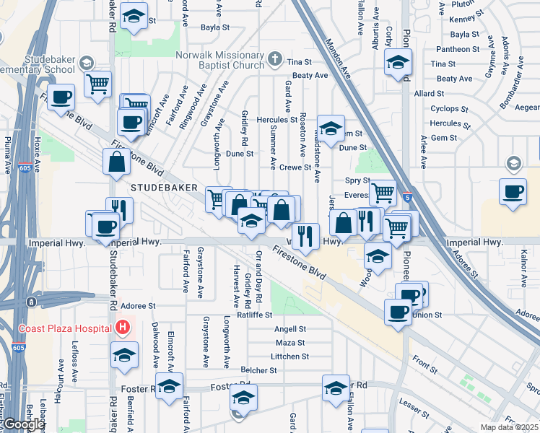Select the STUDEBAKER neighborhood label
(x=165, y=187)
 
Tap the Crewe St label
(x=295, y=167)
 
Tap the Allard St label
(x=429, y=94)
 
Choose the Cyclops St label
(x=449, y=109)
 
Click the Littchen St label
(x=289, y=357)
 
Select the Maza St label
(x=290, y=343)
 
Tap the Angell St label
(x=290, y=329)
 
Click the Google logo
(x=23, y=424)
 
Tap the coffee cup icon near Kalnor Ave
(x=513, y=192)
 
